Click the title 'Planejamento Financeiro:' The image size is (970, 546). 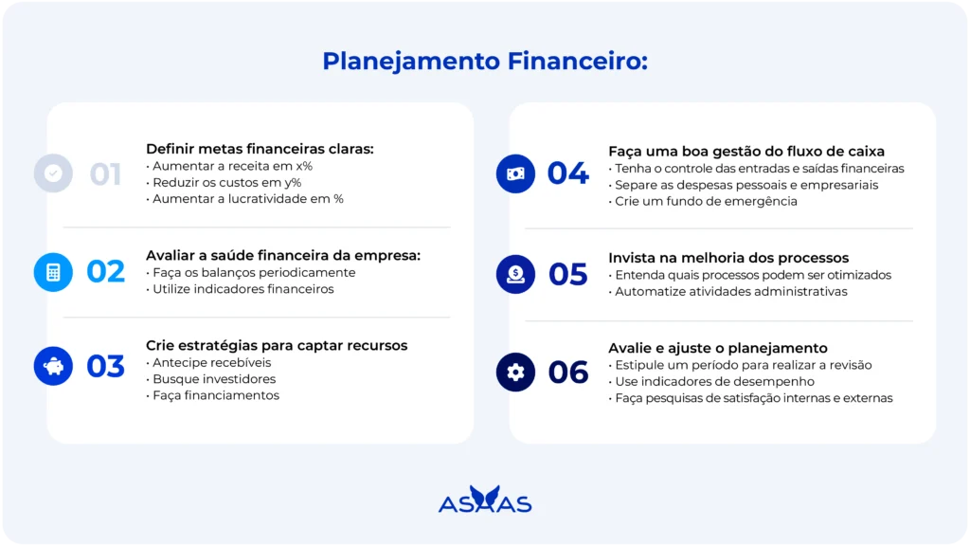coord(485,62)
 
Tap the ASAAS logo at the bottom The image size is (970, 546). coord(485,500)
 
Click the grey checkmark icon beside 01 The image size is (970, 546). coord(53,173)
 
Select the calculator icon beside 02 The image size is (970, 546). coord(53,272)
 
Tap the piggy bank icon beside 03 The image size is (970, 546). coord(53,366)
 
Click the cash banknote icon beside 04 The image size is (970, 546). coord(515,173)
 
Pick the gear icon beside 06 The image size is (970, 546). coord(515,373)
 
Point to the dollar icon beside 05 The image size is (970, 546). coord(515,274)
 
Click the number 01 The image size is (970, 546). coord(105,174)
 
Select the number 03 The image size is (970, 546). coord(105,367)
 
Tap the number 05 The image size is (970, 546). coord(568,275)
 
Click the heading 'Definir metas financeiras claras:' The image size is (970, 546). coord(260,149)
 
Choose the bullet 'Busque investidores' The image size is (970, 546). coord(215,379)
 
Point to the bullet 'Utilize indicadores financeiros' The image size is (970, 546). coord(243,289)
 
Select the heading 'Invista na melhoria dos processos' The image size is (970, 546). coord(728,258)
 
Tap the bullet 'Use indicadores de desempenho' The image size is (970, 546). coord(714,382)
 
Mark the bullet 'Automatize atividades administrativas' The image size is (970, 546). coord(731,292)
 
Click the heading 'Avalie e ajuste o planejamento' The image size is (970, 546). coord(718,348)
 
